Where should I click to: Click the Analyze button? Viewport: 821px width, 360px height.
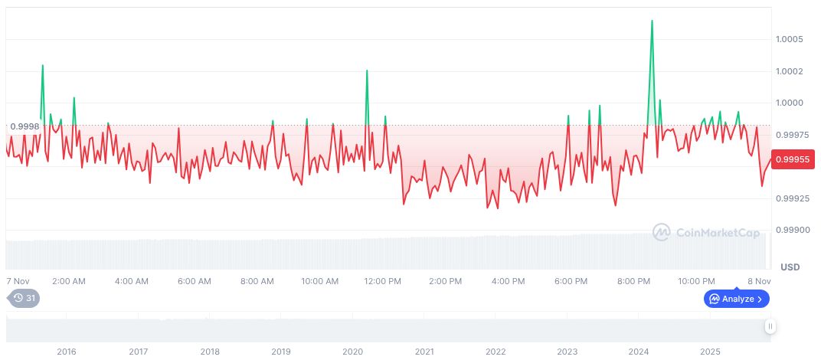pos(737,299)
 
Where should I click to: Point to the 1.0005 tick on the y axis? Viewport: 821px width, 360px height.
pos(789,39)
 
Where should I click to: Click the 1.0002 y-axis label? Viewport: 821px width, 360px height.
pos(789,71)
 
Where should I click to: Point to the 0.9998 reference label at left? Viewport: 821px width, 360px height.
pos(24,126)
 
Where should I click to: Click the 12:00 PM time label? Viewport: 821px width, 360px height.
pos(382,281)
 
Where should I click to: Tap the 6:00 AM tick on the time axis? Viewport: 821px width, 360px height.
pos(194,281)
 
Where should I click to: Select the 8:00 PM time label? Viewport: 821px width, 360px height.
pos(633,281)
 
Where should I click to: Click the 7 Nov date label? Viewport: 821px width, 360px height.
pos(18,281)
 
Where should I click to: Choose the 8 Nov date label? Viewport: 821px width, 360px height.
pos(759,281)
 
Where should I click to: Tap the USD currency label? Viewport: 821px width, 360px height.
pos(790,267)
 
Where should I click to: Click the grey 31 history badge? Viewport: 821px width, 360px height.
pos(24,299)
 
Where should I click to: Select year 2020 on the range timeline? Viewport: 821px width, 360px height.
pos(352,352)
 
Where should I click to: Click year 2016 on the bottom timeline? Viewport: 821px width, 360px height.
pos(67,352)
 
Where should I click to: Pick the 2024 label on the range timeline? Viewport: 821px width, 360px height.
pos(639,352)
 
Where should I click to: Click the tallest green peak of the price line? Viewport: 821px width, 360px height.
pos(652,21)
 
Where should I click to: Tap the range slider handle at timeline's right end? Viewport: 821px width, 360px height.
pos(770,326)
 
